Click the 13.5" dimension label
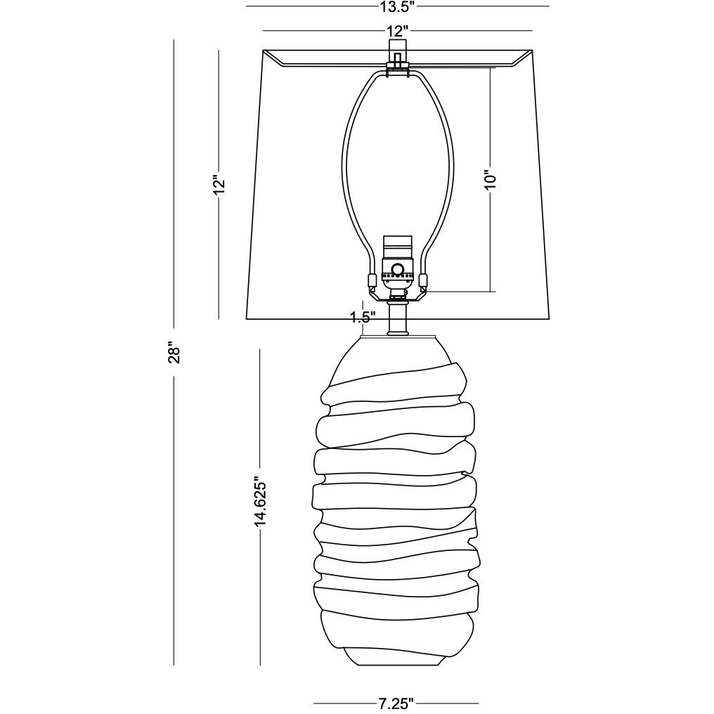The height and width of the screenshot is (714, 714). coord(397,7)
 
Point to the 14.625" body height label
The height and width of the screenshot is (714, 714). coord(260,503)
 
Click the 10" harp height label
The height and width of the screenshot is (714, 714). coord(491,178)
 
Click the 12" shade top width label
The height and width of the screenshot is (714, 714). coord(397,31)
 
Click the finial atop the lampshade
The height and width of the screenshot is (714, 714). coord(398,53)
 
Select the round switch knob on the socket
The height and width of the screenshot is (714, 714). coord(398,269)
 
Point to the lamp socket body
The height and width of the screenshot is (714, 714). coord(398,260)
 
